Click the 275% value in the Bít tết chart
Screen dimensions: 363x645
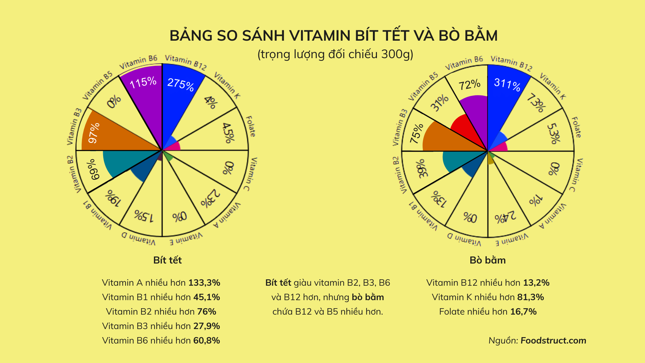(x=181, y=84)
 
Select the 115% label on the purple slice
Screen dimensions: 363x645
(x=143, y=82)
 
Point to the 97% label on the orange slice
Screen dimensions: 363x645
(x=94, y=133)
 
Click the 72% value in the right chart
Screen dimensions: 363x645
(x=470, y=84)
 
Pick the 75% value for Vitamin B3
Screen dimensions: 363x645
(x=417, y=133)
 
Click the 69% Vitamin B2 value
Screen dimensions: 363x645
(x=93, y=169)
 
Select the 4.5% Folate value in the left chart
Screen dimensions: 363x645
(x=228, y=133)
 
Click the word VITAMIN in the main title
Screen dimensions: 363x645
(x=320, y=36)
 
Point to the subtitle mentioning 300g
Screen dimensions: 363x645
(x=335, y=54)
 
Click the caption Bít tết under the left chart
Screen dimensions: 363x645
(x=167, y=260)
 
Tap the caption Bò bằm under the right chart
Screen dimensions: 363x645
(x=487, y=260)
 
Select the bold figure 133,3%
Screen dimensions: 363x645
(x=204, y=283)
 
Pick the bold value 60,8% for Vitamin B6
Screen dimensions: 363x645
(x=207, y=340)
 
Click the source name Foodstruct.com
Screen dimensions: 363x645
(x=553, y=340)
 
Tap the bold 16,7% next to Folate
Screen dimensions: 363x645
(x=523, y=312)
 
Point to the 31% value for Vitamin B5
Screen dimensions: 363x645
(x=440, y=103)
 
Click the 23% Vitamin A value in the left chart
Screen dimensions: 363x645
(x=210, y=198)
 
